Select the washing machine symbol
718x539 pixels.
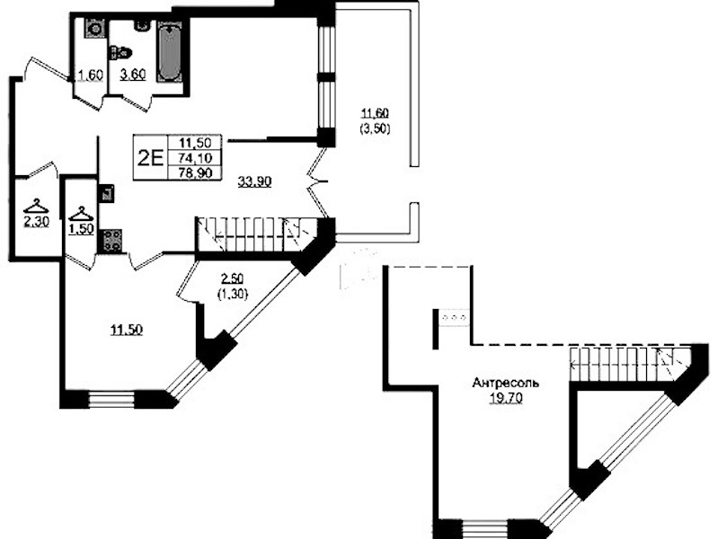(x=94, y=29)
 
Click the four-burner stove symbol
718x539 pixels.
(x=111, y=240)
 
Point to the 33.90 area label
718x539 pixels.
(x=254, y=181)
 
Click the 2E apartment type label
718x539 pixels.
(x=151, y=158)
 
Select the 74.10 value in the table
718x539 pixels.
(x=195, y=158)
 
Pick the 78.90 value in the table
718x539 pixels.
(x=195, y=173)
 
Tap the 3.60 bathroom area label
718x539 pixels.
(x=133, y=75)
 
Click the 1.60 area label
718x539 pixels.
(x=90, y=75)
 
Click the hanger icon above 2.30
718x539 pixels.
(x=36, y=206)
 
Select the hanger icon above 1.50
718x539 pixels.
(x=81, y=214)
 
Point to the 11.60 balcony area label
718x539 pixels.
(x=376, y=113)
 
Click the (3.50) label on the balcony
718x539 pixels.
(x=376, y=129)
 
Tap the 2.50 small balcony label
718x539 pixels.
(x=232, y=278)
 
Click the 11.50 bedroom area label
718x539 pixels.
(x=127, y=330)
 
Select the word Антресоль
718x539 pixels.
(x=506, y=383)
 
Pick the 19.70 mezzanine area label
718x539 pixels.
(x=506, y=399)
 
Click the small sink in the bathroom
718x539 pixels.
(x=142, y=25)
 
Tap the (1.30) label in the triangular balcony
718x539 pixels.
(x=233, y=294)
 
